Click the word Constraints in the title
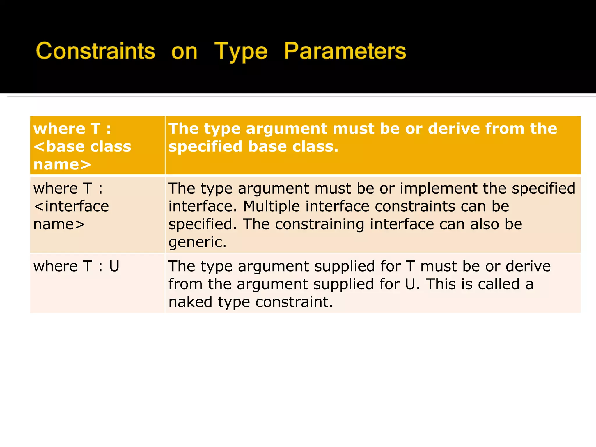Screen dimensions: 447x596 click(x=95, y=51)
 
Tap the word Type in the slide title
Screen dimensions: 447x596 click(x=241, y=52)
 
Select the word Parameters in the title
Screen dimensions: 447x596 click(x=345, y=51)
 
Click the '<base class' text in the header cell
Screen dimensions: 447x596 click(x=82, y=146)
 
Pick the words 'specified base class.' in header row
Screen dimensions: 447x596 click(x=253, y=146)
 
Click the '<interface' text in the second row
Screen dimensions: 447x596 click(x=71, y=206)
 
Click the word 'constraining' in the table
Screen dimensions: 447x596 click(x=320, y=224)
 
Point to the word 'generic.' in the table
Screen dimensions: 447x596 click(x=197, y=242)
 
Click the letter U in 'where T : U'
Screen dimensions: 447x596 click(x=114, y=266)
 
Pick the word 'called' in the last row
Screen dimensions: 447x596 click(x=499, y=284)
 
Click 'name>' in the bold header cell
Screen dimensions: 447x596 click(x=62, y=164)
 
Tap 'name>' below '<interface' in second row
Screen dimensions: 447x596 click(x=59, y=224)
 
